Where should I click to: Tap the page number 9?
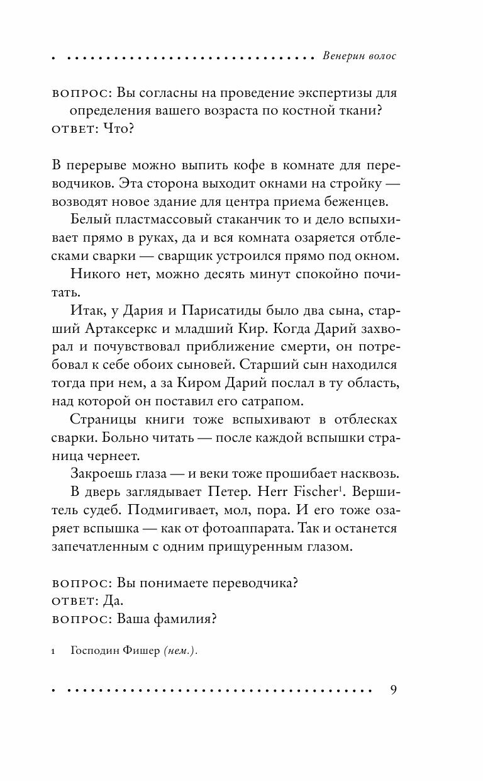394,690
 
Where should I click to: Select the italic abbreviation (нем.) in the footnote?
180,652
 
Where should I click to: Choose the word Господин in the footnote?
95,652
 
